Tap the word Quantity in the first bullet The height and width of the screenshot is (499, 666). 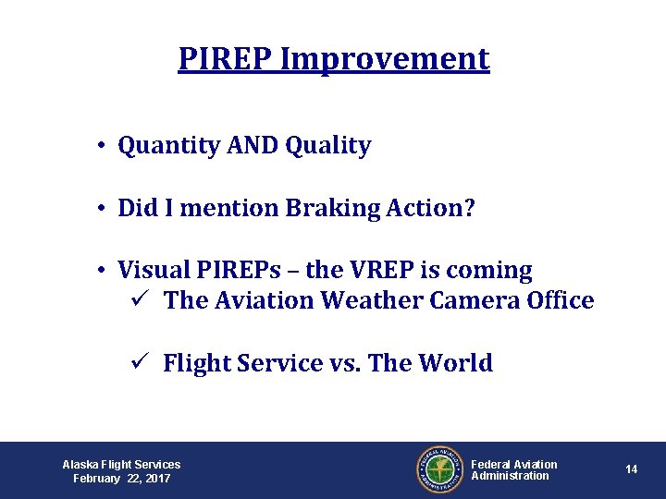click(168, 146)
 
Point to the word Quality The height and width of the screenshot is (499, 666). click(328, 146)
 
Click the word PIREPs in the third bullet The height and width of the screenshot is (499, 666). click(240, 271)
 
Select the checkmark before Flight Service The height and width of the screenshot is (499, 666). click(137, 363)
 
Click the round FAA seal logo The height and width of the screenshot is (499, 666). click(438, 469)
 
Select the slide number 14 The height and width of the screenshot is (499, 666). click(631, 469)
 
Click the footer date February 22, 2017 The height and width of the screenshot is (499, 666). click(121, 478)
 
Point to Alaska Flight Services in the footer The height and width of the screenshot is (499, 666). click(121, 464)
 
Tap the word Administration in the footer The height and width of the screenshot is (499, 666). click(510, 476)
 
